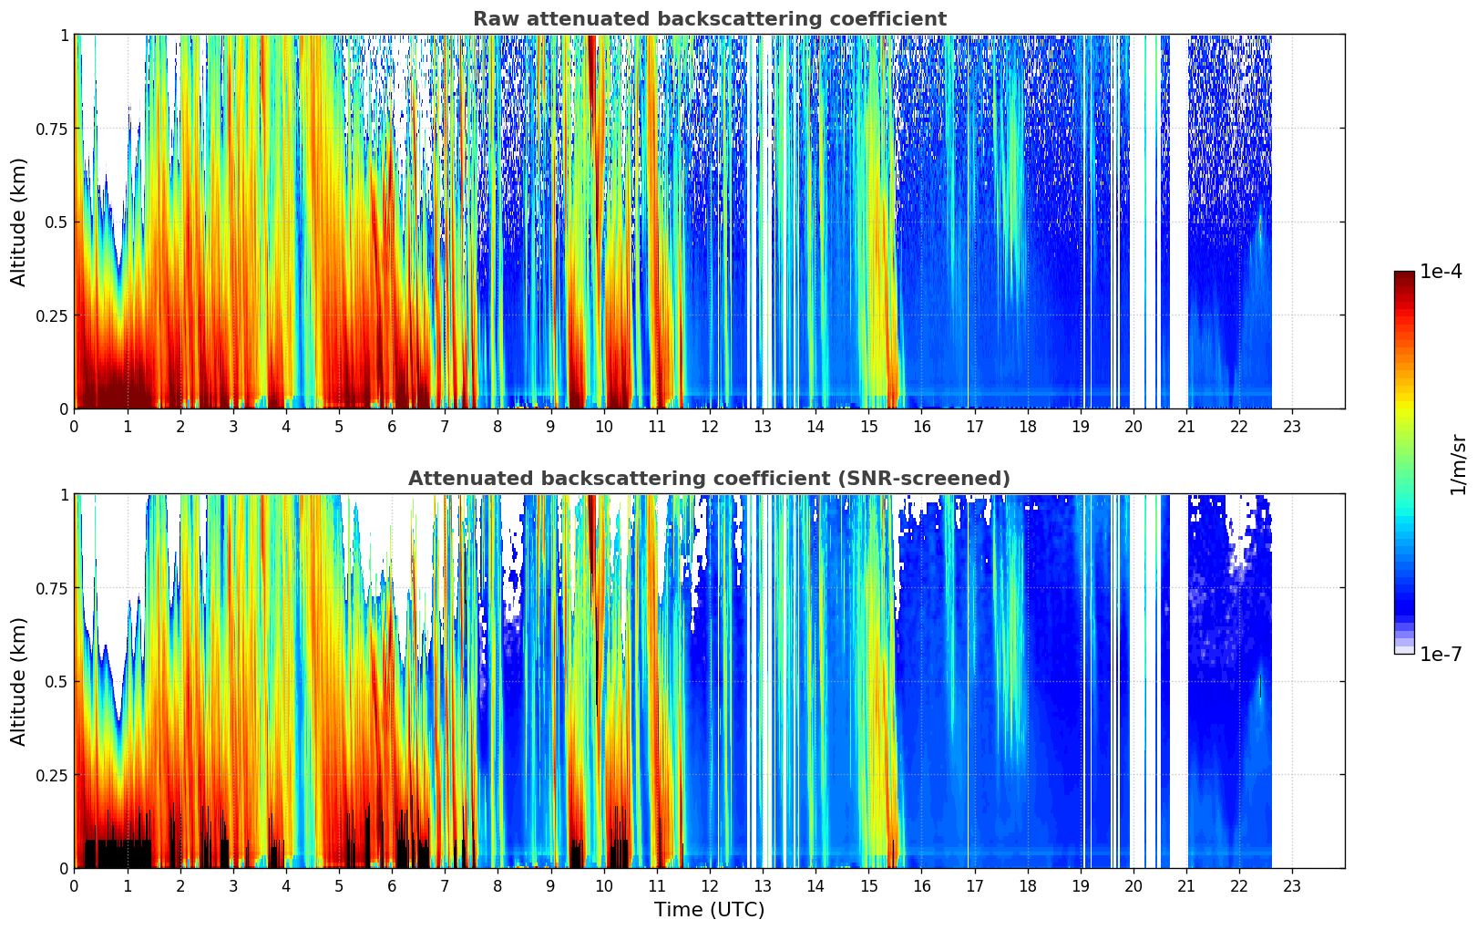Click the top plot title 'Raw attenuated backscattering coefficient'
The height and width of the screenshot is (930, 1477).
pyautogui.click(x=709, y=19)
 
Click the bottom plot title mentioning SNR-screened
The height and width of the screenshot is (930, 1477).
pyautogui.click(x=709, y=479)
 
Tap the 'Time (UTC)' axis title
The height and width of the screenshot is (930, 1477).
pyautogui.click(x=709, y=910)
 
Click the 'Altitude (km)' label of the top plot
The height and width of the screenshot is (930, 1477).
pyautogui.click(x=19, y=222)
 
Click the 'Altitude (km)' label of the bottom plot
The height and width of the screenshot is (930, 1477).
pyautogui.click(x=19, y=681)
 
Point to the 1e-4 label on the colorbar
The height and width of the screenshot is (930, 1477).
pyautogui.click(x=1441, y=272)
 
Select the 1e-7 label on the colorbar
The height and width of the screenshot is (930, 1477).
pyautogui.click(x=1441, y=654)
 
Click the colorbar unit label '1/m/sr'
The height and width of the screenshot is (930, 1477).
pyautogui.click(x=1458, y=464)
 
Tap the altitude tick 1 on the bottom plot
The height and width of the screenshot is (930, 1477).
pyautogui.click(x=64, y=495)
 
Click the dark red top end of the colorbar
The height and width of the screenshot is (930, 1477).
pyautogui.click(x=1403, y=275)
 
